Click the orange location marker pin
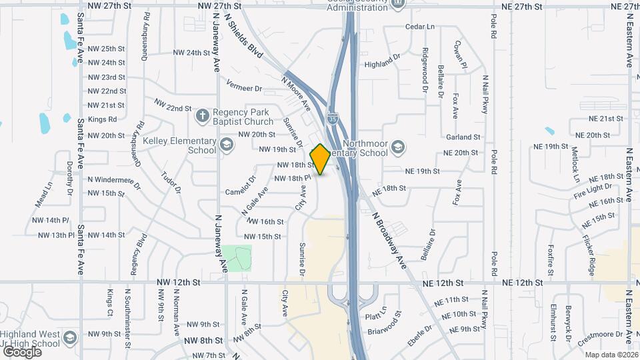tap(321, 159)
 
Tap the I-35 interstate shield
tap(333, 119)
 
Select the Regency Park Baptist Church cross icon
tap(203, 116)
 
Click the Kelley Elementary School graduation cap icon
tap(227, 145)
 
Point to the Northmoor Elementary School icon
tap(397, 147)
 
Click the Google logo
tap(22, 351)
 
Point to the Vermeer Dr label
tap(245, 88)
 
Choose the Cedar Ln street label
tap(420, 27)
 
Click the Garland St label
tap(463, 137)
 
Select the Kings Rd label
tap(103, 119)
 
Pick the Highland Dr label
tap(382, 65)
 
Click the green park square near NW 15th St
tap(237, 258)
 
